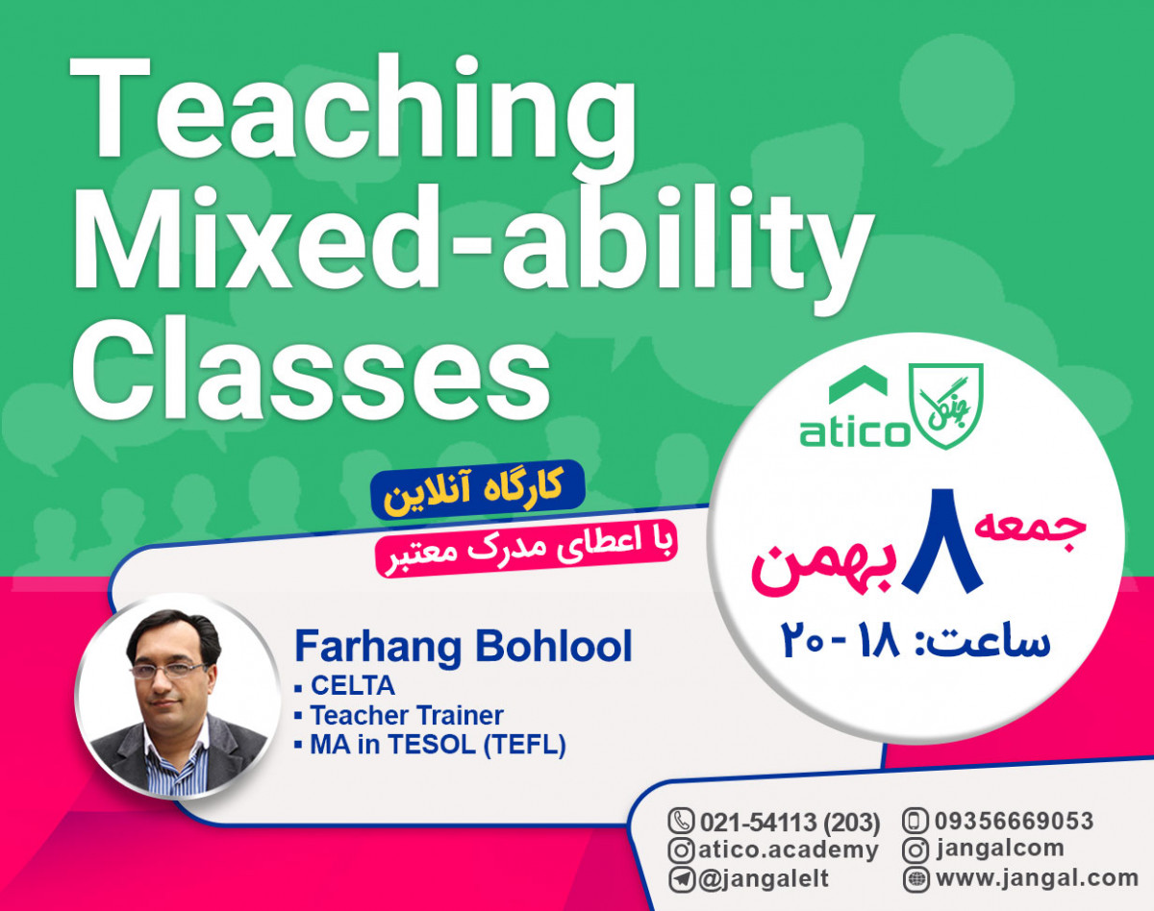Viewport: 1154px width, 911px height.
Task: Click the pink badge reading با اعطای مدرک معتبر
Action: pyautogui.click(x=526, y=549)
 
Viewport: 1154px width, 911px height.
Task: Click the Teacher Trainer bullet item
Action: pyautogui.click(x=406, y=715)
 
